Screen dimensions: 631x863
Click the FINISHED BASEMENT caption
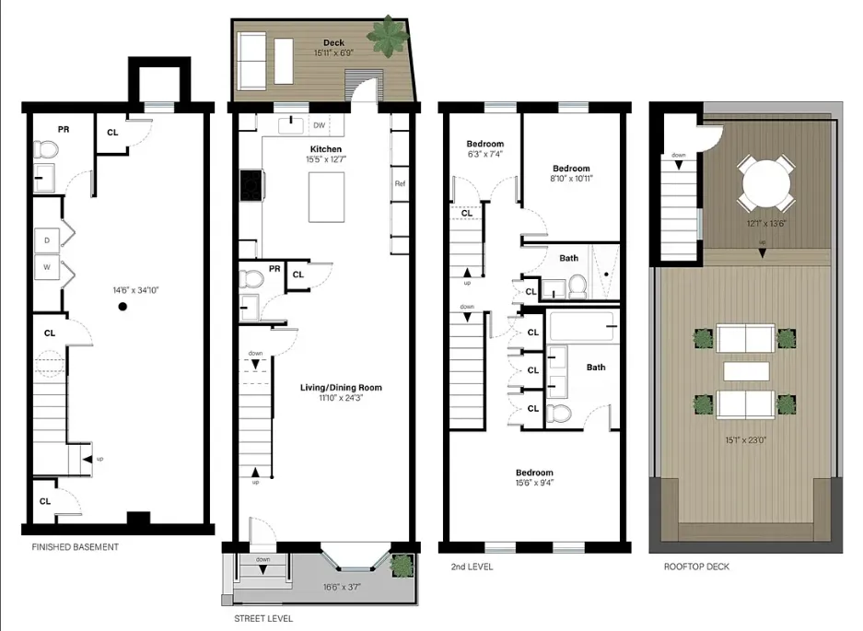pyautogui.click(x=75, y=547)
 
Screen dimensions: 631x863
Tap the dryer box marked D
pyautogui.click(x=46, y=241)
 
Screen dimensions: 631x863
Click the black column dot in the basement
pyautogui.click(x=122, y=308)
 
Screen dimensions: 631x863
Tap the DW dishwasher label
pyautogui.click(x=320, y=125)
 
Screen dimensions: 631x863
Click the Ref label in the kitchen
pyautogui.click(x=400, y=183)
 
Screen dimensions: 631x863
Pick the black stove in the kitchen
pyautogui.click(x=251, y=185)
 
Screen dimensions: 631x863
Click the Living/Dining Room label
pyautogui.click(x=341, y=388)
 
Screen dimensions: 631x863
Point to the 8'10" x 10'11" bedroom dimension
pyautogui.click(x=571, y=181)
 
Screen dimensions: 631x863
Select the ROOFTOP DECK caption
pyautogui.click(x=696, y=567)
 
